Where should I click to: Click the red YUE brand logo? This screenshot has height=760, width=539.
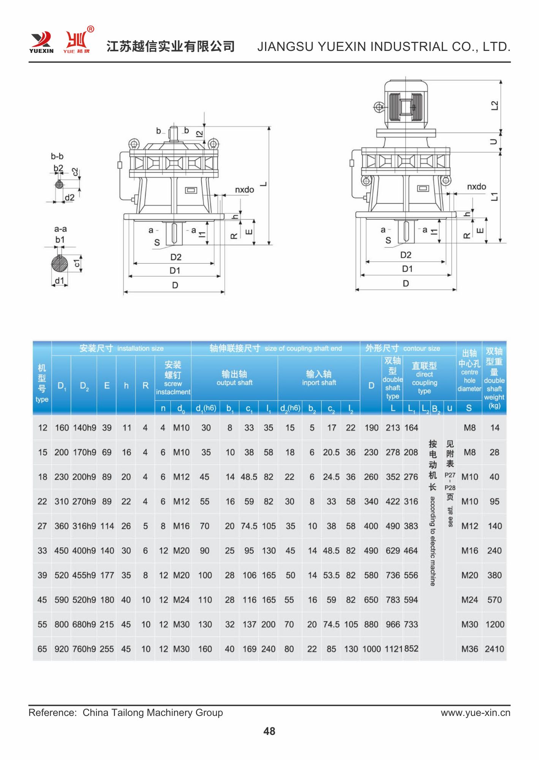[x=77, y=41]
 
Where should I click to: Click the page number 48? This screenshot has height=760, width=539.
[x=269, y=731]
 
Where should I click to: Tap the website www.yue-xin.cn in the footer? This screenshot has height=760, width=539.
[x=475, y=712]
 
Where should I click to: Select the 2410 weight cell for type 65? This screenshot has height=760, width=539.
[x=494, y=649]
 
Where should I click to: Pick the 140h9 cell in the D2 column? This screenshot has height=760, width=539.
[x=84, y=428]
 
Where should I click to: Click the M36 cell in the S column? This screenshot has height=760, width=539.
[x=469, y=649]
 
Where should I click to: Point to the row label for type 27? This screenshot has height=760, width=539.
[x=42, y=526]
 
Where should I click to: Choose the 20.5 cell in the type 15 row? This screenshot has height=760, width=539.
[x=331, y=453]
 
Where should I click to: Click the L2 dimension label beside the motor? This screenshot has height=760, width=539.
[x=494, y=105]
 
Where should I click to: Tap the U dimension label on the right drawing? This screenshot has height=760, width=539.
[x=493, y=142]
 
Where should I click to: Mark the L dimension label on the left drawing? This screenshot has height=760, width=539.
[x=263, y=184]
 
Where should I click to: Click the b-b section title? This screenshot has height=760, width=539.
[x=57, y=156]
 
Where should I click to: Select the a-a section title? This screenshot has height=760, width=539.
[x=60, y=229]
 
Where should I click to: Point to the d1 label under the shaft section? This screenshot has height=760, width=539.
[x=60, y=280]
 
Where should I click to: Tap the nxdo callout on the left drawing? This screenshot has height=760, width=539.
[x=244, y=190]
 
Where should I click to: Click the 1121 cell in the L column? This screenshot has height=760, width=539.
[x=394, y=649]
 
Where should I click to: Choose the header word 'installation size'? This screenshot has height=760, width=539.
[x=140, y=348]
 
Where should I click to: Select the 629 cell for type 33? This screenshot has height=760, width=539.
[x=393, y=551]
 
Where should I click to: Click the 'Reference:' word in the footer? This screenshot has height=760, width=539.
[x=52, y=712]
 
